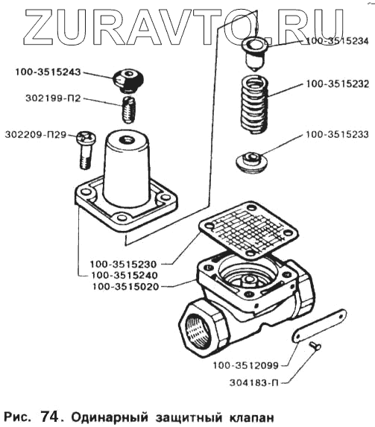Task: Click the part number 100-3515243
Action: [48, 72]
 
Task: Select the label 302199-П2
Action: [53, 98]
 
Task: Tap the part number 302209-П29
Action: [36, 135]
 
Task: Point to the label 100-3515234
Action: [338, 41]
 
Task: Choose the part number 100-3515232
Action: [338, 84]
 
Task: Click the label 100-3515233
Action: [337, 135]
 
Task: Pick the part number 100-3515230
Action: [124, 264]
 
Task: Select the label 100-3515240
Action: [125, 275]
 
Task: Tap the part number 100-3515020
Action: [125, 286]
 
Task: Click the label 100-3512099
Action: [245, 365]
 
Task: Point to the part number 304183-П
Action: [254, 383]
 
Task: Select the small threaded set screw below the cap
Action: [128, 110]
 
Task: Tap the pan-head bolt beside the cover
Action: [86, 150]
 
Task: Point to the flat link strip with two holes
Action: [319, 326]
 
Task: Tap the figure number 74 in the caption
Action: [49, 416]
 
